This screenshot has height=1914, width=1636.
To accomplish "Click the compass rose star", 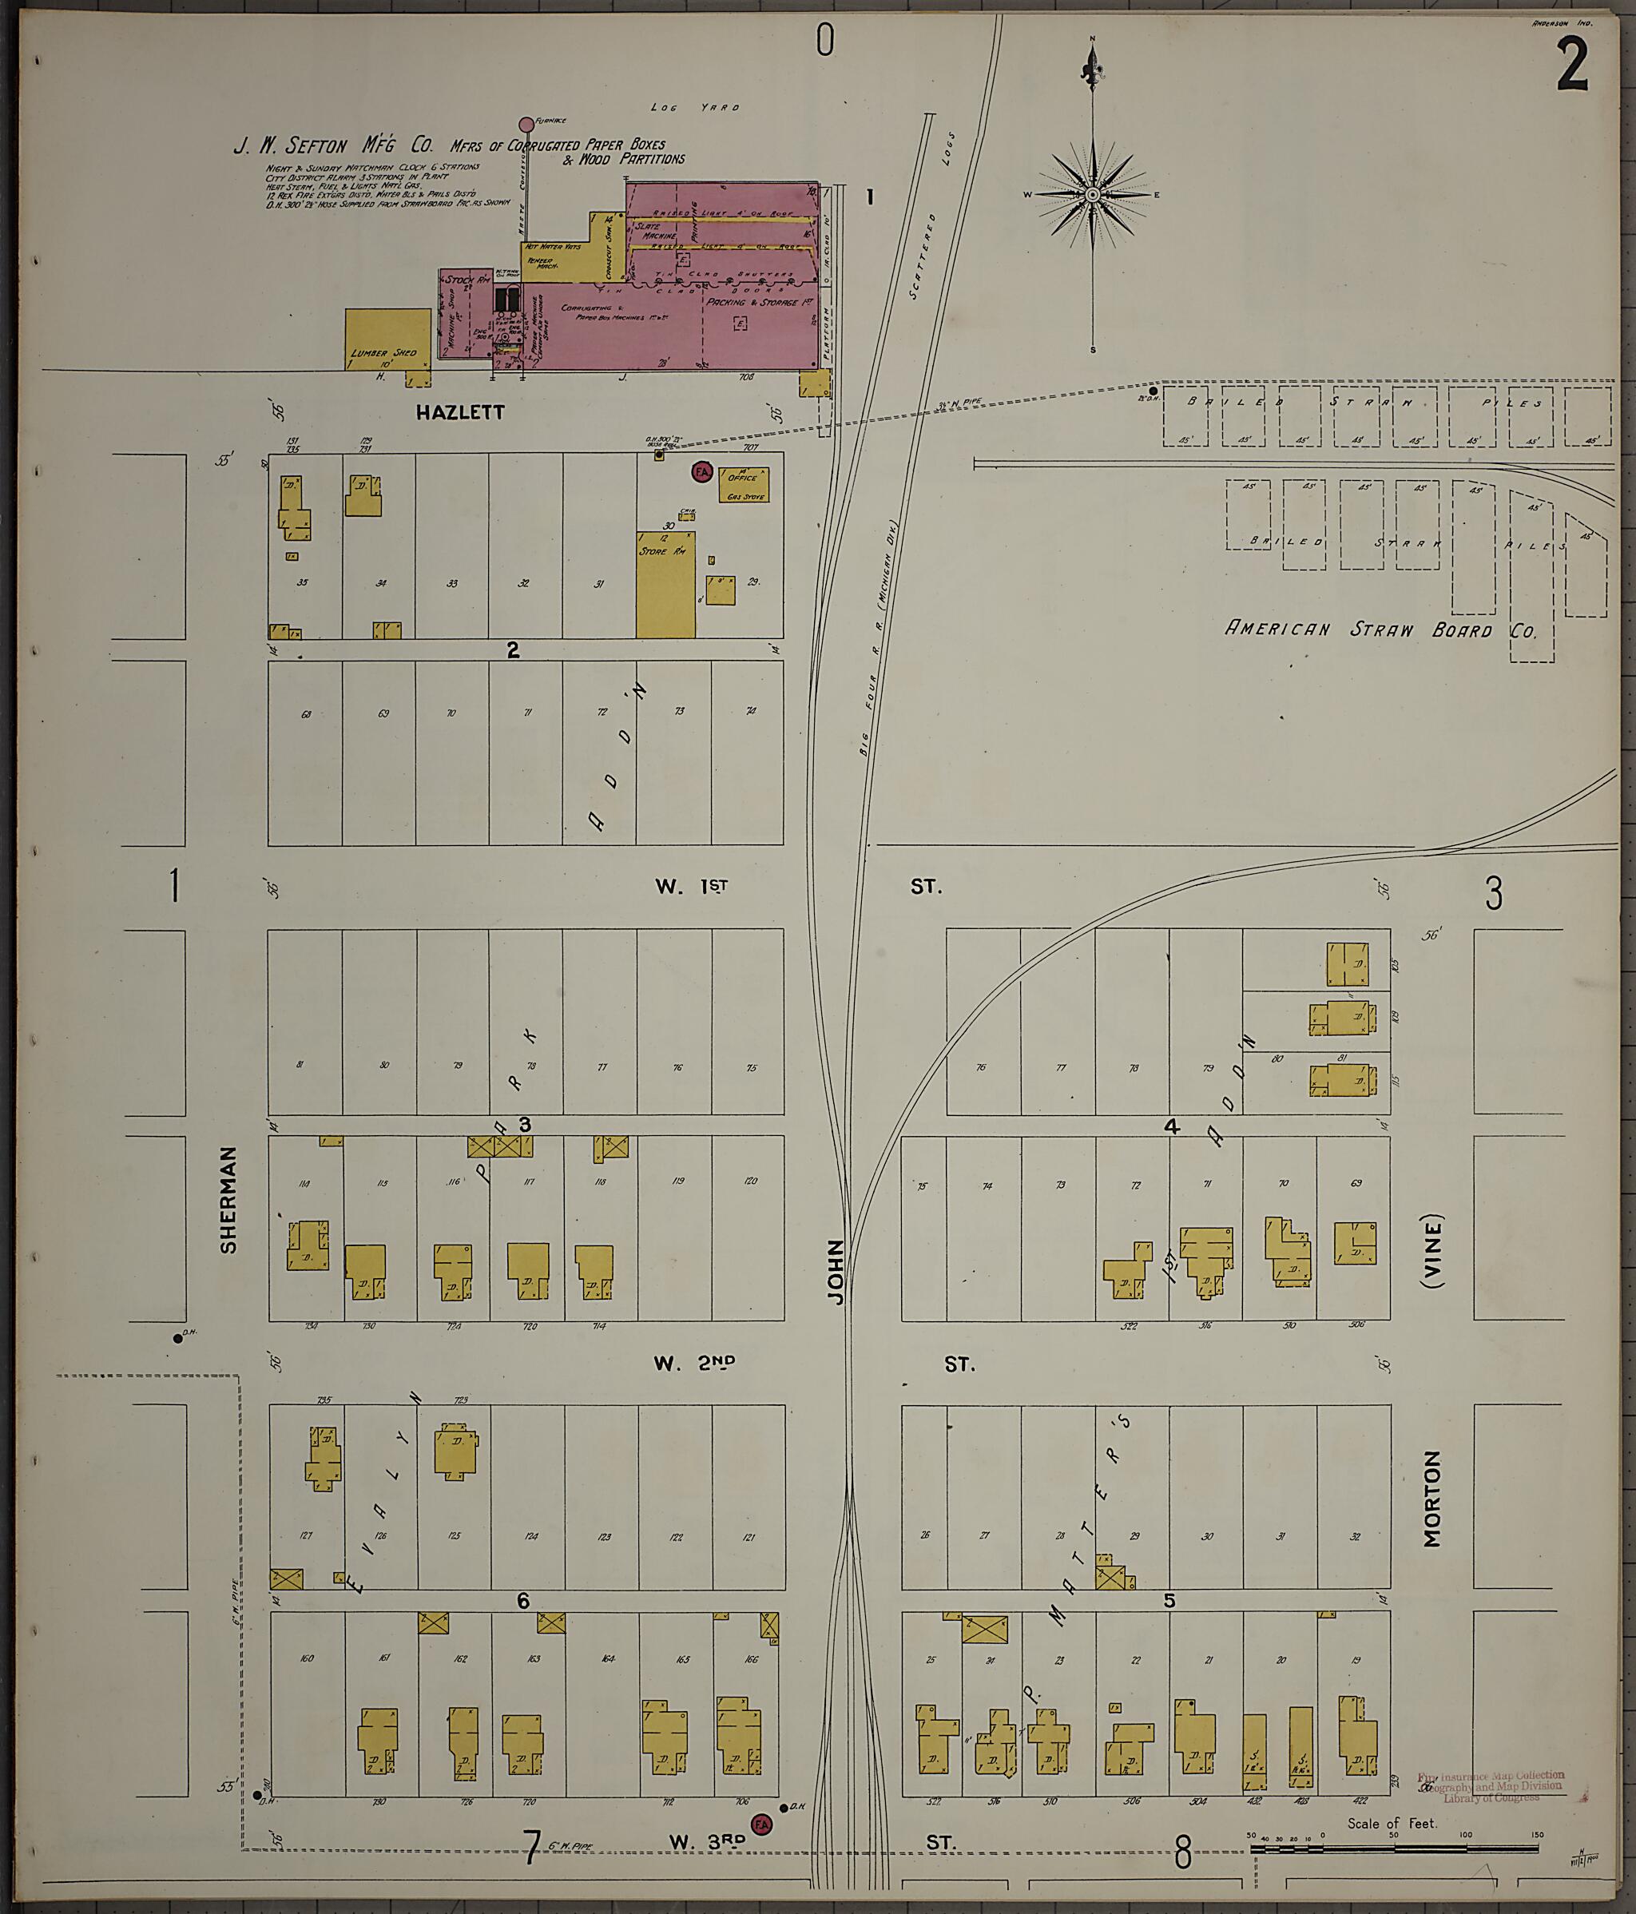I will tap(1092, 195).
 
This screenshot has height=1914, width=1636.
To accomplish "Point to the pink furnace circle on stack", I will tap(526, 124).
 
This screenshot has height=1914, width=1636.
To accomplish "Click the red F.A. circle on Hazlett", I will tap(701, 473).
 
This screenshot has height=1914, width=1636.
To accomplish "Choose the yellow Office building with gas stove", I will tap(745, 484).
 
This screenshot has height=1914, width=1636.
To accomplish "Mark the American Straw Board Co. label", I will tap(1380, 630).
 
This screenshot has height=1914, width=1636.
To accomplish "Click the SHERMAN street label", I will tap(229, 1200).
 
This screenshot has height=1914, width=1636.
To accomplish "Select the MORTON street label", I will tap(1431, 1499).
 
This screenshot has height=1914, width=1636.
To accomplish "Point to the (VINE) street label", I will tap(1433, 1251).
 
